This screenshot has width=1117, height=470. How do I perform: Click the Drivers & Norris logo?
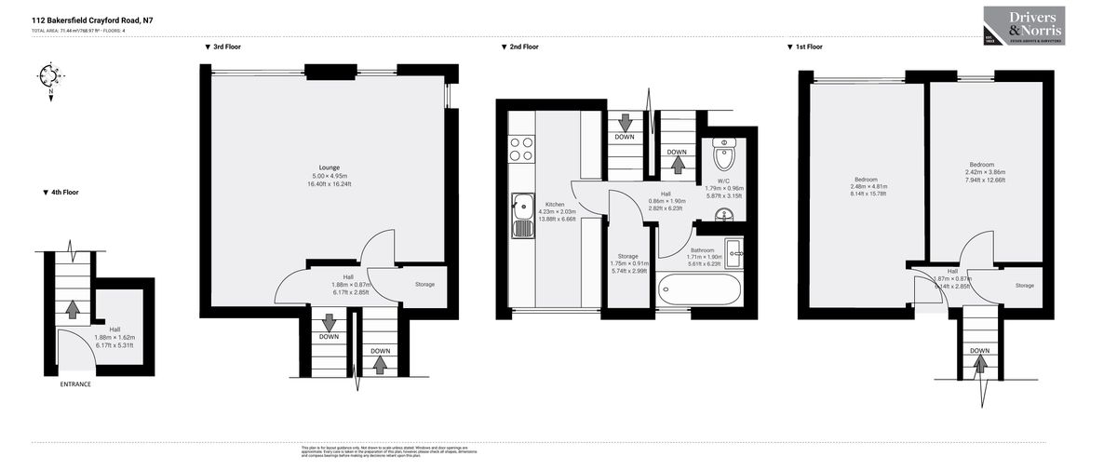click(x=1024, y=25)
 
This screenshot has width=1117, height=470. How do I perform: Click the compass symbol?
click(x=48, y=76)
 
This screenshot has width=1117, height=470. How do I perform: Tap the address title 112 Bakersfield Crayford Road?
click(x=92, y=18)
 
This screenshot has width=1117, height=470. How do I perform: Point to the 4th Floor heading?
click(x=61, y=193)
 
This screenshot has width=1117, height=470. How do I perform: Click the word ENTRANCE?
click(x=75, y=383)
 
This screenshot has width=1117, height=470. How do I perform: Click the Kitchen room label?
click(x=555, y=204)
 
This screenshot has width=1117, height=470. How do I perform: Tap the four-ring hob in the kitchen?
click(x=521, y=149)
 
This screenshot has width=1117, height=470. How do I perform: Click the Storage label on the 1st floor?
click(x=1024, y=285)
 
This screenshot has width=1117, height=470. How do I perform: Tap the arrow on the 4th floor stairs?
click(x=72, y=307)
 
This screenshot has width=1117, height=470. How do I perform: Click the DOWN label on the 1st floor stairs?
click(x=979, y=351)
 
